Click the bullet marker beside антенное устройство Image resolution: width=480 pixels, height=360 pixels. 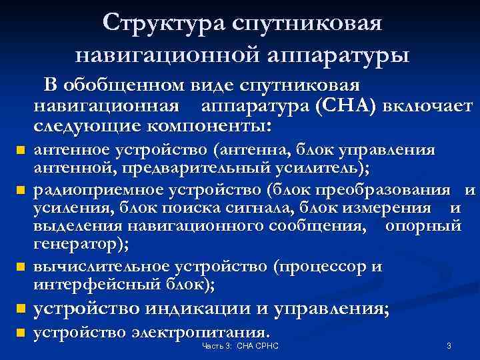coord(21,151)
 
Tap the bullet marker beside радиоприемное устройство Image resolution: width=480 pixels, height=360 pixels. coord(21,191)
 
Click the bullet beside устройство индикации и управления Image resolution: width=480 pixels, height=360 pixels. coord(21,309)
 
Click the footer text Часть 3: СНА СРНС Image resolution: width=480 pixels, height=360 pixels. coord(240,347)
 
